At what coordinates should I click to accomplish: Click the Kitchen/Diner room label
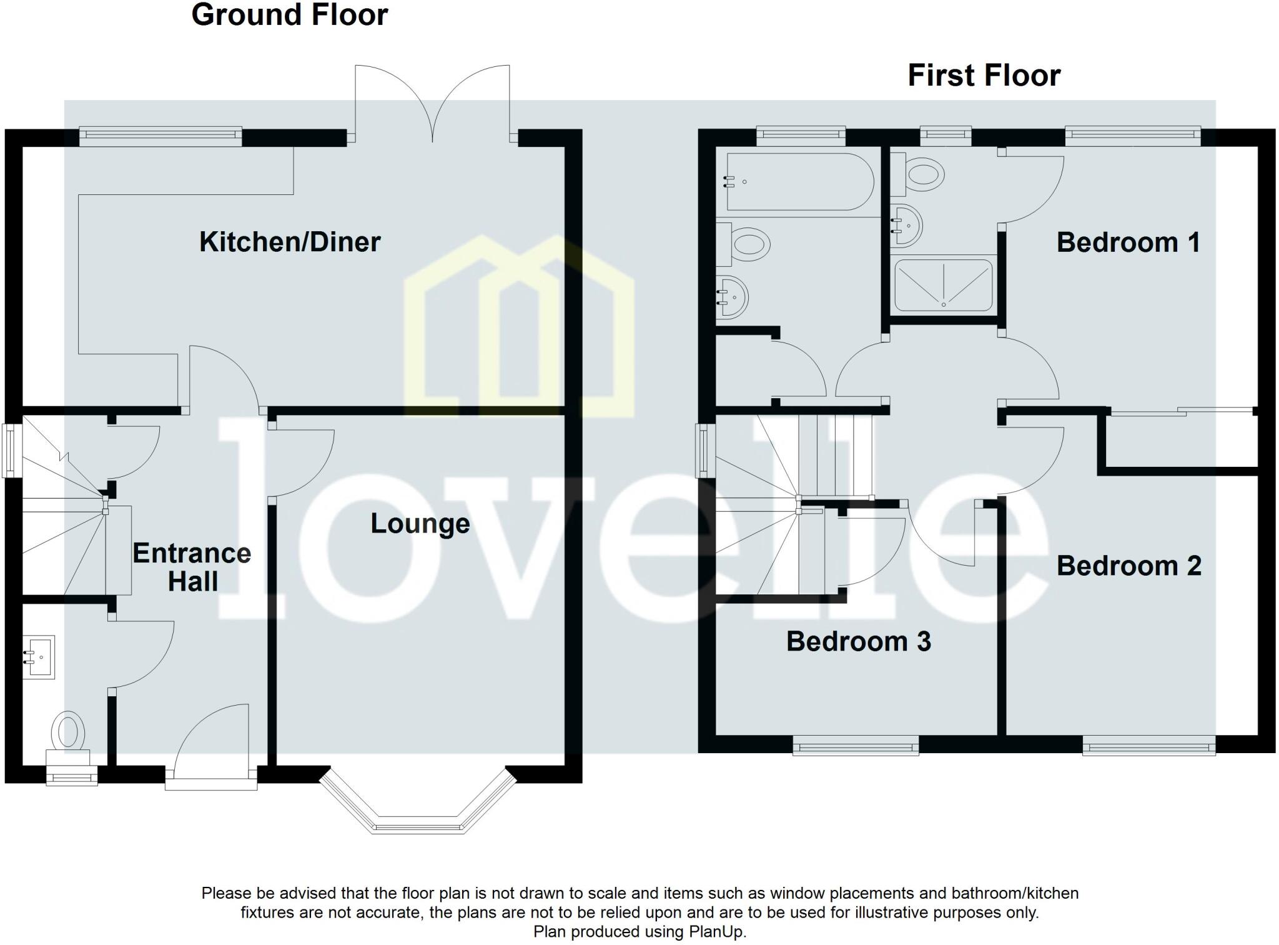tap(290, 242)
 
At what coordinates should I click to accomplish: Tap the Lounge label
tap(420, 524)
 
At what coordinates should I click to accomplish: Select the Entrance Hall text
tap(192, 567)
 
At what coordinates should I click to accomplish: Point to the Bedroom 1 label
tap(1128, 242)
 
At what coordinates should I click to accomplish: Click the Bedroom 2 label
tap(1128, 566)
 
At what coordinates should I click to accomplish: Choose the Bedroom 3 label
tap(858, 642)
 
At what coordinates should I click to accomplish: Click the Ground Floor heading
tap(290, 15)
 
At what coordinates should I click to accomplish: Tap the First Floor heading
tap(984, 76)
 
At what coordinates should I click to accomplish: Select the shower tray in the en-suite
tap(943, 286)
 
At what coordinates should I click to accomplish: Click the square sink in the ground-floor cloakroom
tap(39, 657)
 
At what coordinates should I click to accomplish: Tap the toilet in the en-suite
tap(923, 174)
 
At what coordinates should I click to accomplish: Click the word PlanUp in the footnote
tap(716, 932)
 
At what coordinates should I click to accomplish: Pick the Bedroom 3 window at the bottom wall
tap(856, 745)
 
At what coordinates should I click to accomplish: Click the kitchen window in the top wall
tap(160, 136)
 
